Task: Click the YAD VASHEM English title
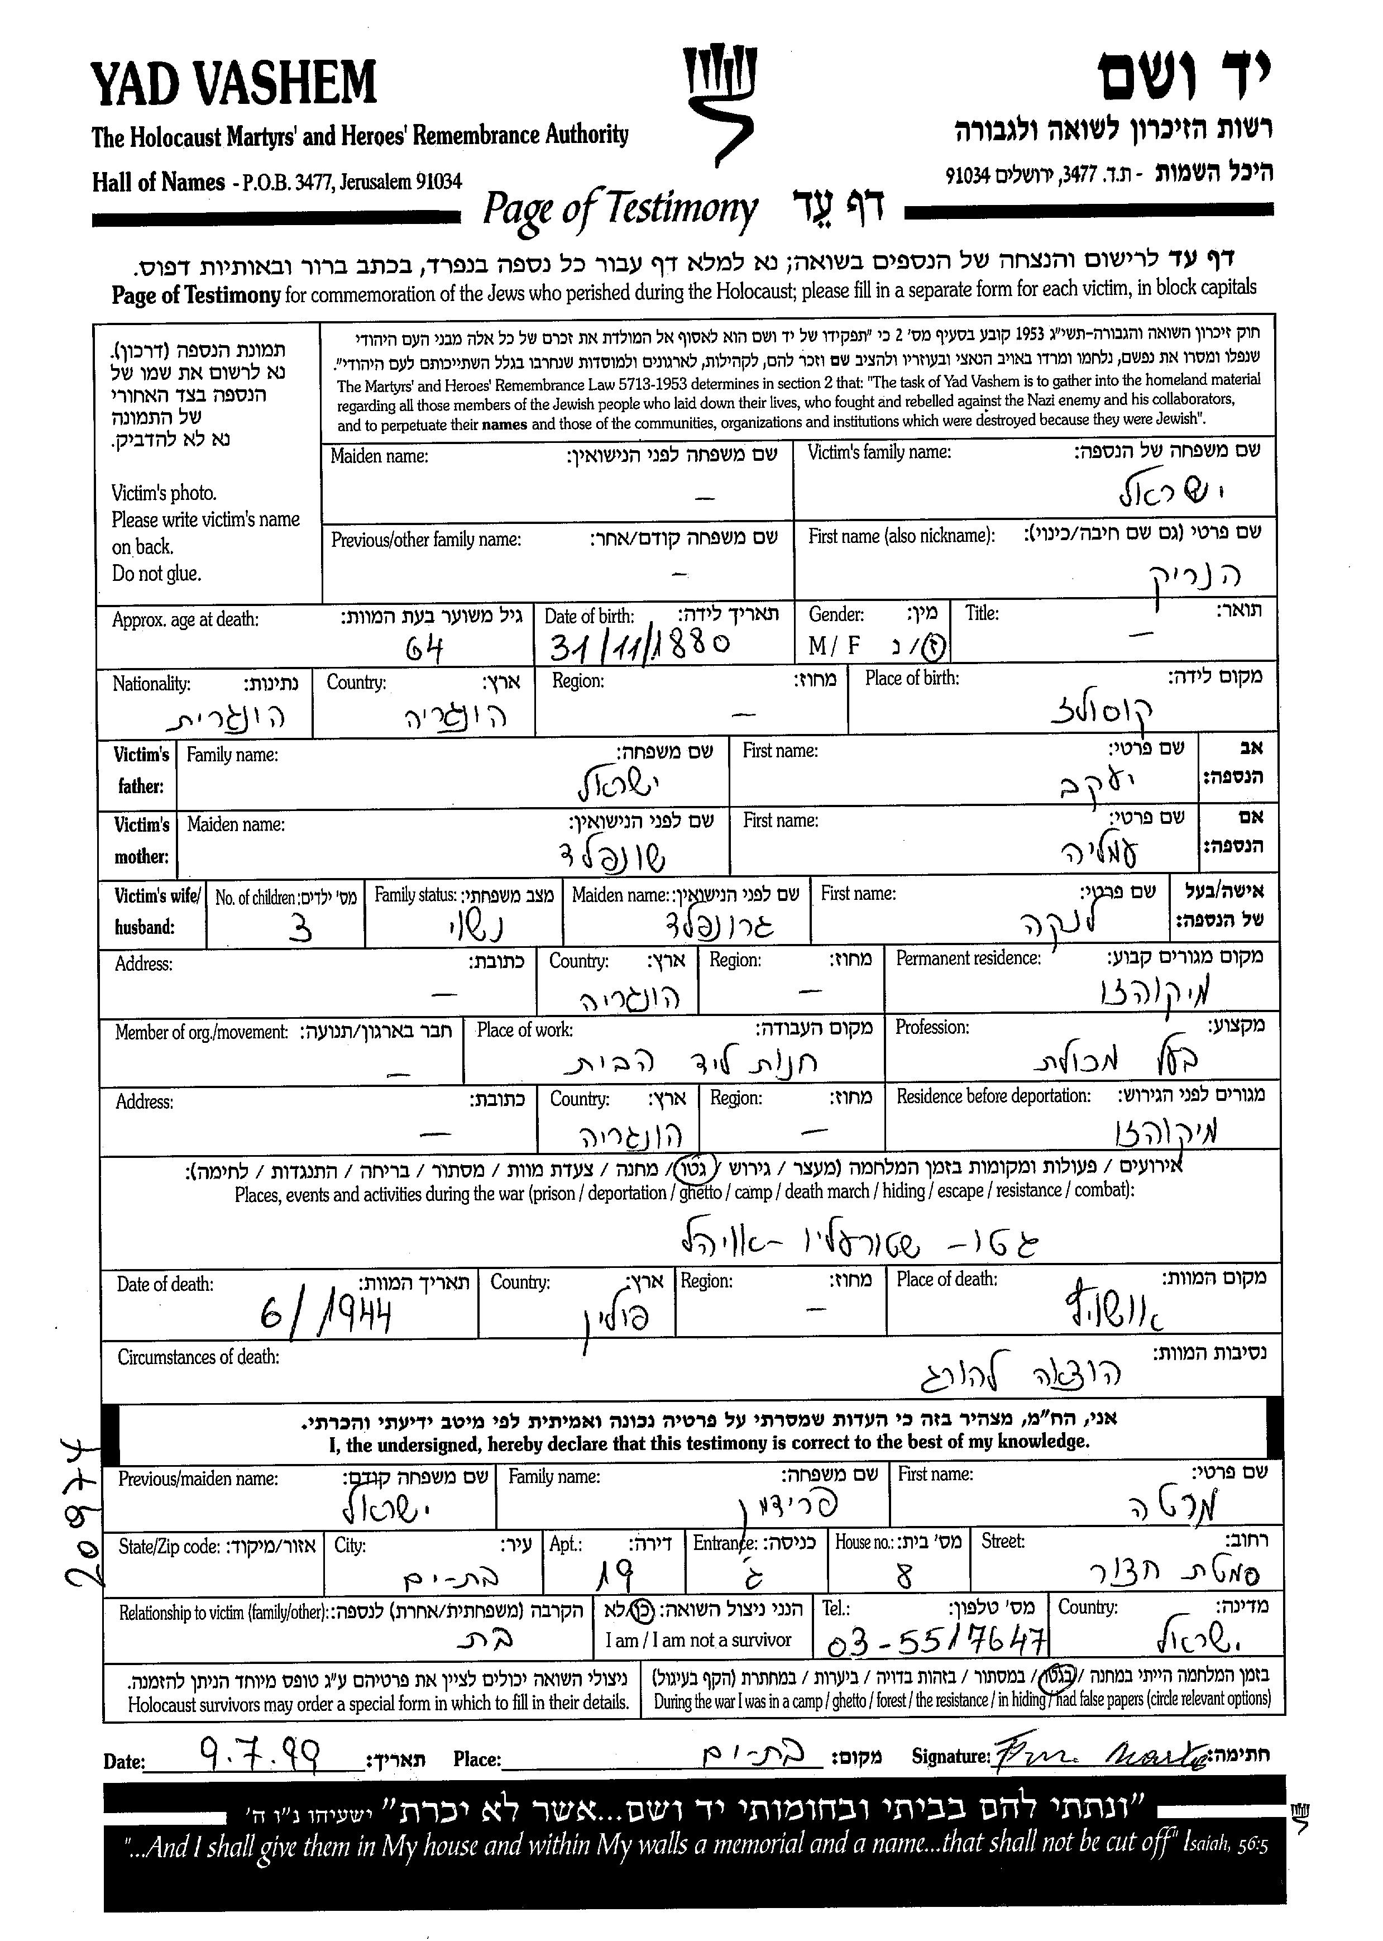point(233,83)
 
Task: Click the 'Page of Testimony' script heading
point(619,209)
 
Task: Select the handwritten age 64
point(423,651)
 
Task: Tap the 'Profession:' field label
point(932,1027)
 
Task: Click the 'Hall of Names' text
point(159,182)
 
